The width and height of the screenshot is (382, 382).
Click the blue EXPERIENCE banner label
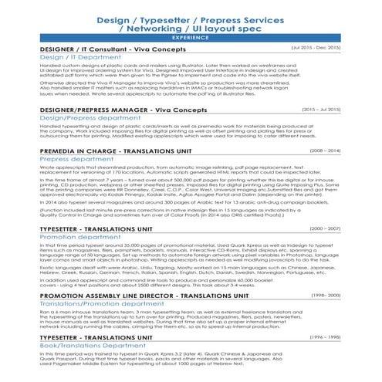190,37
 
